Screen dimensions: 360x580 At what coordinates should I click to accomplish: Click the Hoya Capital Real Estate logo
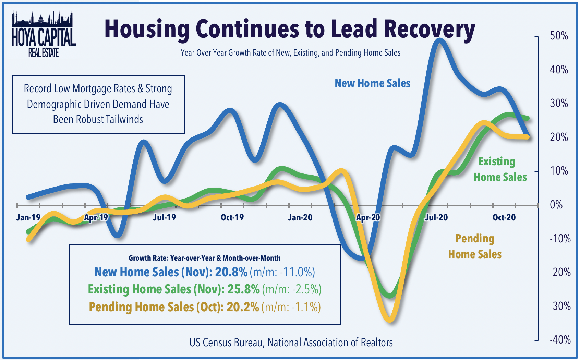(x=43, y=34)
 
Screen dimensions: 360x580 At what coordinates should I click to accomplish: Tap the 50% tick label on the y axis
(x=559, y=36)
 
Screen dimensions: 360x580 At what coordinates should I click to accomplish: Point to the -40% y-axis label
(x=560, y=340)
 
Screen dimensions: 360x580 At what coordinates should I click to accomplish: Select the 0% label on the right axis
(x=556, y=205)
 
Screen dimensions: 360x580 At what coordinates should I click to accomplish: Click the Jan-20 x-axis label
(x=300, y=217)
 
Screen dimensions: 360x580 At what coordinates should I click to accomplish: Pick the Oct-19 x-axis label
(x=232, y=217)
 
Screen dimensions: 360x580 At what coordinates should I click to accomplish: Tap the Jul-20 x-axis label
(x=436, y=217)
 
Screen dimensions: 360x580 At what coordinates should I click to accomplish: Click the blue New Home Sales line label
(x=372, y=83)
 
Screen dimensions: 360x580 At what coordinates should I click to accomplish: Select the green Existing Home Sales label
(x=500, y=169)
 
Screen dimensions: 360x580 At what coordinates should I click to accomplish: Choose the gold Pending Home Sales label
(x=475, y=246)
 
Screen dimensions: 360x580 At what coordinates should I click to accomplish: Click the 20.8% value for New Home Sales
(x=231, y=272)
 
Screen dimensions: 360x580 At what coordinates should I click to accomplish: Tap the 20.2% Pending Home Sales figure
(x=243, y=307)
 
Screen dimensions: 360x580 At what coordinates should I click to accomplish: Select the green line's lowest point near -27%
(x=390, y=296)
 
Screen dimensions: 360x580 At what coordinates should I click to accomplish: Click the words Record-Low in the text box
(x=42, y=88)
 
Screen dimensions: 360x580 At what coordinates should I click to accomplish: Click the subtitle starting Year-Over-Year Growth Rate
(x=290, y=53)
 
